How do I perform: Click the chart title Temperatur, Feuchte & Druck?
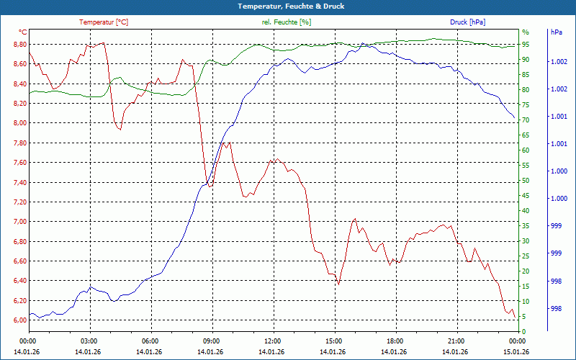point(288,6)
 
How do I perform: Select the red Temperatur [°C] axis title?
point(104,22)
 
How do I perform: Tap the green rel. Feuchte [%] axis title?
point(287,22)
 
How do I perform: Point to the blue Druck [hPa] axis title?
point(468,22)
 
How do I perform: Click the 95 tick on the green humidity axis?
point(526,45)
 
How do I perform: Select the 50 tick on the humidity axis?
point(526,181)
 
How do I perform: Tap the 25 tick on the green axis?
point(526,256)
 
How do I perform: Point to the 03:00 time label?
point(89,341)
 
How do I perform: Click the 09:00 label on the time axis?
point(212,341)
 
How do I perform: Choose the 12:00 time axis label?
point(273,341)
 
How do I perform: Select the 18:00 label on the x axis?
point(395,341)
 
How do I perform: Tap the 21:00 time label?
point(456,341)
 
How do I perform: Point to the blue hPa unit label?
point(556,32)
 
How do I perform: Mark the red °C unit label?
point(23,32)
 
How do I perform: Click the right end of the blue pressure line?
point(514,117)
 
